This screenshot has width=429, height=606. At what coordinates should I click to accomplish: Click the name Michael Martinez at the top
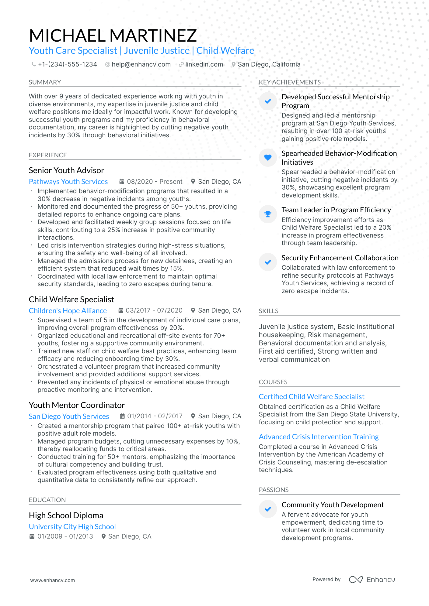click(x=113, y=36)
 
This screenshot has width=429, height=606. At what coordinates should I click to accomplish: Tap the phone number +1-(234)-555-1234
click(x=67, y=64)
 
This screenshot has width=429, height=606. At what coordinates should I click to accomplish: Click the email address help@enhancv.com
click(x=141, y=64)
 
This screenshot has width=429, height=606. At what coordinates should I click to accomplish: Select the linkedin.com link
click(x=204, y=64)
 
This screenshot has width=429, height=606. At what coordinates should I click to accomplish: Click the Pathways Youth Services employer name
click(x=68, y=182)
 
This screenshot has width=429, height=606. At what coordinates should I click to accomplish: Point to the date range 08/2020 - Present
click(x=154, y=182)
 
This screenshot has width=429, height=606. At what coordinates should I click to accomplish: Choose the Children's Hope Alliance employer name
click(x=68, y=311)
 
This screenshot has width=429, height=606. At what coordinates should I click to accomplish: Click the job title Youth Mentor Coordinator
click(x=77, y=405)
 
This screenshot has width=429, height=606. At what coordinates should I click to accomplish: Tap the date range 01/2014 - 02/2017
click(x=155, y=416)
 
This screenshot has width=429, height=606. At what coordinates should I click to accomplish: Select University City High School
click(x=72, y=527)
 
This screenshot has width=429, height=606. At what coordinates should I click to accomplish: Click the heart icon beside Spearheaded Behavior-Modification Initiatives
click(x=268, y=157)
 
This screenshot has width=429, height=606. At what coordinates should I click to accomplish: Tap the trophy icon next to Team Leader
click(x=268, y=214)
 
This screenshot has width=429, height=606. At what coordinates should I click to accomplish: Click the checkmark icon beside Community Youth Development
click(x=268, y=509)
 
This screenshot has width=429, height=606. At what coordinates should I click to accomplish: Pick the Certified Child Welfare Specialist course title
click(x=312, y=397)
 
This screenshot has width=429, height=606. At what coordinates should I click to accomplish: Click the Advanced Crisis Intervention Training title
click(x=319, y=437)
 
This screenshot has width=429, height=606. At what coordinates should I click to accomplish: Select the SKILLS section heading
click(x=269, y=311)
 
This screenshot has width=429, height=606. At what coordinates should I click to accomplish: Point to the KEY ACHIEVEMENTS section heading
click(x=290, y=82)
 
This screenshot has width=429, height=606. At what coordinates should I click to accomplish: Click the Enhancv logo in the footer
click(x=372, y=580)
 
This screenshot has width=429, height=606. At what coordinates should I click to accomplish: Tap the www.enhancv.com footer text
click(x=52, y=580)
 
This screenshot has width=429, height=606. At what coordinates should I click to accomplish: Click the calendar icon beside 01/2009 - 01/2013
click(x=32, y=536)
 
